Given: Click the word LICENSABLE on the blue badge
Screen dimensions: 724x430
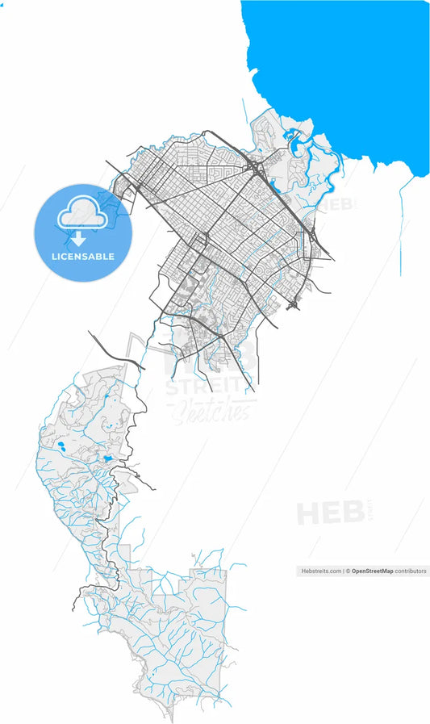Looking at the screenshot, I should [83, 257].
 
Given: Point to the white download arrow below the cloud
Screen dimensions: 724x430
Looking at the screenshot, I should [79, 239].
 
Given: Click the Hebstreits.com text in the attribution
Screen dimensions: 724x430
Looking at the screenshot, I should [320, 571].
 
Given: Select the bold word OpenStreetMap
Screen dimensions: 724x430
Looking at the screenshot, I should [371, 571].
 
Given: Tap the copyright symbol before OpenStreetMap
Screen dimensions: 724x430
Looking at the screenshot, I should [349, 571].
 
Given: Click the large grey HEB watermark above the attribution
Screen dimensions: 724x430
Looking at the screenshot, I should [329, 513].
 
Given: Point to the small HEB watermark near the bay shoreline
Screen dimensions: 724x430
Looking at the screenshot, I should [338, 205].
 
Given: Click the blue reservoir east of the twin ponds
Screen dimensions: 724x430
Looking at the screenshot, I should [107, 458].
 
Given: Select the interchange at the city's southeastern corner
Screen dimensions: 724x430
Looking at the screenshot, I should [294, 304].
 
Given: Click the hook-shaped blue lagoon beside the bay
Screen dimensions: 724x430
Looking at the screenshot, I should [297, 145].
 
